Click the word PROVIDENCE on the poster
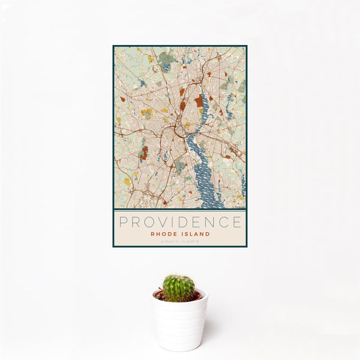point(180,223)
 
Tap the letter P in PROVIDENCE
point(122,223)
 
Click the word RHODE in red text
point(163,234)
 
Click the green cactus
point(179,288)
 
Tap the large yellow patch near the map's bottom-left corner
point(127,181)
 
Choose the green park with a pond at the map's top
point(166,59)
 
